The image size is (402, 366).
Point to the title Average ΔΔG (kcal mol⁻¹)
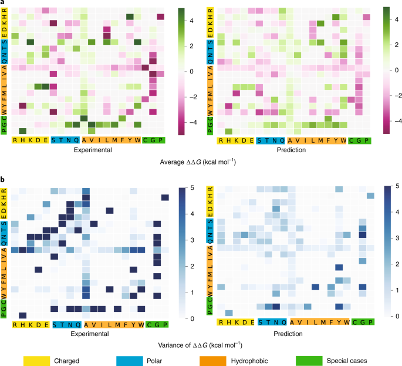pyautogui.click(x=201, y=162)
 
